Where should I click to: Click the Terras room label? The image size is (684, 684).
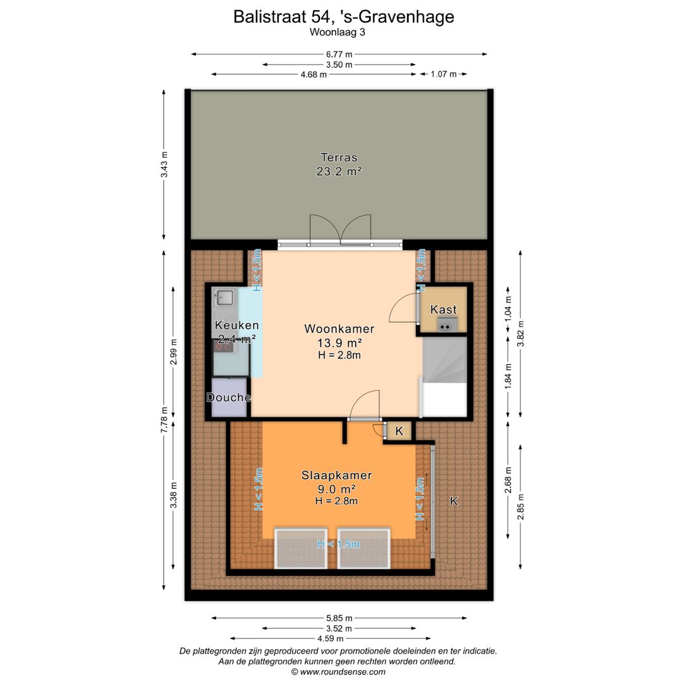pos(339,157)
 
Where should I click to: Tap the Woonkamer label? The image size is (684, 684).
pos(339,329)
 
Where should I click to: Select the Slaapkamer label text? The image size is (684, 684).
pos(337,475)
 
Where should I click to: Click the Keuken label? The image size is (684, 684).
pos(237,325)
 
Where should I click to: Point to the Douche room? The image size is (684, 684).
pos(229,397)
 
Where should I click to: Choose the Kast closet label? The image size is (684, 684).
pos(443,309)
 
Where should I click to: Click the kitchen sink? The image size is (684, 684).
pos(224,298)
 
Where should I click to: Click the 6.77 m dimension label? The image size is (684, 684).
pos(339,54)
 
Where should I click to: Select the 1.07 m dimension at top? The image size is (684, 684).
pos(443,74)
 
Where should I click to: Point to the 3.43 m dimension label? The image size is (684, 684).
pos(164,164)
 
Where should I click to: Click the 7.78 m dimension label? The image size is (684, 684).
pos(164,420)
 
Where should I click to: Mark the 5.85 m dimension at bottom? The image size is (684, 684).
pos(339,618)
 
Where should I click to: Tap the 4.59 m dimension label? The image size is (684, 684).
pos(330,638)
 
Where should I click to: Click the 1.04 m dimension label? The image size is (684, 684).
pos(508,308)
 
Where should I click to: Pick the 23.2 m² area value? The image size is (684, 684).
pos(339,172)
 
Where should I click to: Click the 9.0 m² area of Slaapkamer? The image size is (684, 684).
pos(336,489)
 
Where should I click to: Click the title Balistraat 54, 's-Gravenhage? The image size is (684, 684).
pos(344,16)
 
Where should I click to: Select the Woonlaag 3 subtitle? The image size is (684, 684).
pos(337,32)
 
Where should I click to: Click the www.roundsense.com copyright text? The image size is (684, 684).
pos(338,672)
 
